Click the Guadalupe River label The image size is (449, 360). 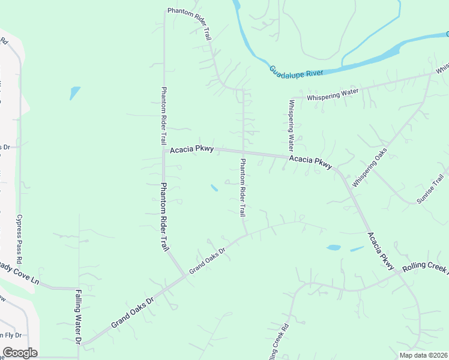click(296, 71)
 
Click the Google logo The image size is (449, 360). click(20, 353)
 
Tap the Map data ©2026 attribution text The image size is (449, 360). click(423, 355)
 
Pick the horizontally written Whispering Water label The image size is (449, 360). click(332, 94)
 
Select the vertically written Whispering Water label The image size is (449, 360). click(291, 124)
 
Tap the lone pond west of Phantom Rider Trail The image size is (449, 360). click(74, 92)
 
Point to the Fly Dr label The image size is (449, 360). click(11, 335)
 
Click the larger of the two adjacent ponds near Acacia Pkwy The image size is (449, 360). click(334, 247)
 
